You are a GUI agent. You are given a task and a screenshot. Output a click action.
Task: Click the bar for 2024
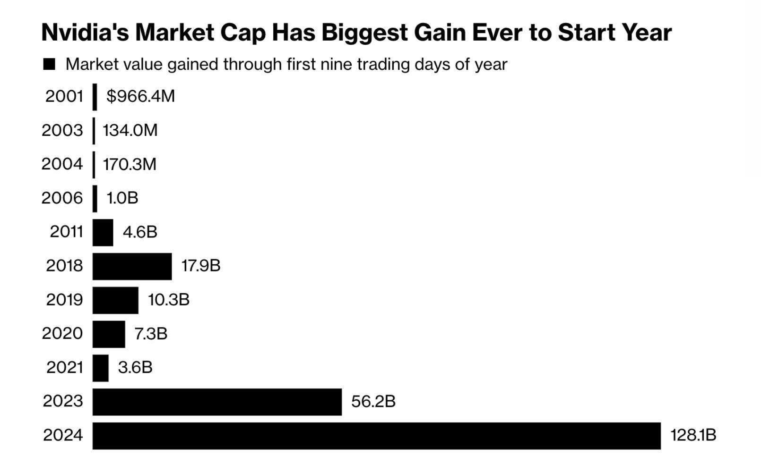click(x=376, y=436)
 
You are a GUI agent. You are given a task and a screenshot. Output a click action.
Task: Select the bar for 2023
click(x=217, y=402)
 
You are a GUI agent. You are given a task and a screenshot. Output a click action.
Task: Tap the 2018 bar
click(x=132, y=266)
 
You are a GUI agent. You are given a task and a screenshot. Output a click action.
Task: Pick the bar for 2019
click(x=115, y=300)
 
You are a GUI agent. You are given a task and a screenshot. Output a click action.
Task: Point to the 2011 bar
click(x=103, y=232)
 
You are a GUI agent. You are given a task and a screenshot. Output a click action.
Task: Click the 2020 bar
click(x=109, y=334)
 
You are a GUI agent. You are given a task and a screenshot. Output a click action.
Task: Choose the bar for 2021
click(x=100, y=368)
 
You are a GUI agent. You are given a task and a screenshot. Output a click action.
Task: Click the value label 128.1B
click(x=693, y=435)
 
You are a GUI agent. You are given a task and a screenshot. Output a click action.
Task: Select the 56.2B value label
click(x=373, y=402)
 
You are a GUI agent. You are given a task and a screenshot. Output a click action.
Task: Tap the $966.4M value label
click(x=140, y=96)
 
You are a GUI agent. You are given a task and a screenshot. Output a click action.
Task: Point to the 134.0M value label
click(x=130, y=130)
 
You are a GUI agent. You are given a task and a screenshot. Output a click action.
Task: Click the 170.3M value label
click(x=130, y=164)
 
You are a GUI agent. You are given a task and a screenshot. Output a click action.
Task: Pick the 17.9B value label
click(x=201, y=266)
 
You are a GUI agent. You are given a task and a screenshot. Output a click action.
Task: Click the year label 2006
click(x=62, y=198)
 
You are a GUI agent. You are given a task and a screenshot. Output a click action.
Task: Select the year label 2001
click(x=64, y=96)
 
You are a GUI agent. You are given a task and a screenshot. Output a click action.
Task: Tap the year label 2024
click(x=63, y=435)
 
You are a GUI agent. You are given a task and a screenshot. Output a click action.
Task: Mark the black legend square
click(x=49, y=64)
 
